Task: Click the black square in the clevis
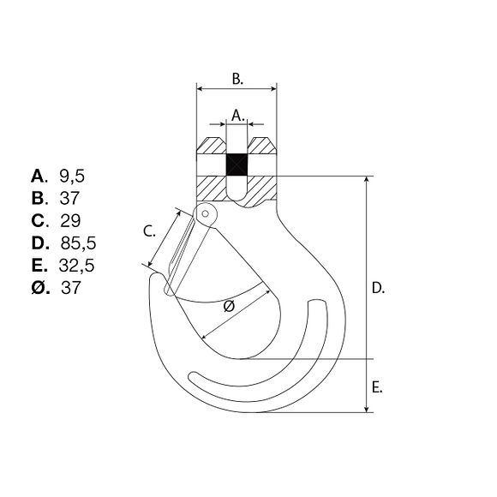click(x=237, y=165)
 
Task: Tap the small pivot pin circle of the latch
click(x=206, y=213)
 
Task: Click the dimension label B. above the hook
click(x=237, y=79)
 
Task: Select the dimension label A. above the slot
click(x=238, y=116)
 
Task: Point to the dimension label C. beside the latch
click(x=149, y=231)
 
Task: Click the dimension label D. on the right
click(x=378, y=288)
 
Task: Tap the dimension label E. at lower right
click(x=377, y=387)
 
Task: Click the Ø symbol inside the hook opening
click(x=229, y=306)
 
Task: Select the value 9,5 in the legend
click(x=72, y=177)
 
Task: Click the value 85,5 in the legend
click(x=78, y=243)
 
